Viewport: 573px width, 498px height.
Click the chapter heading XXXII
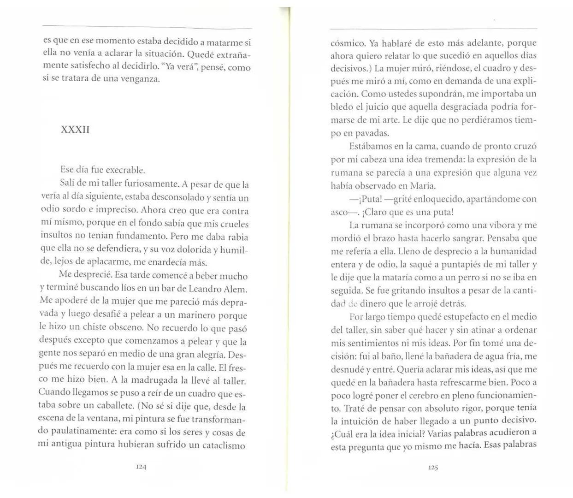75,130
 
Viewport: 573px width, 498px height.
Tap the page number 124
141,466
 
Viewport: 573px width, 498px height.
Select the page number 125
432,467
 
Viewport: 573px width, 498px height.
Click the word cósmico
348,43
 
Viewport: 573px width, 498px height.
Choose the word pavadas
370,133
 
